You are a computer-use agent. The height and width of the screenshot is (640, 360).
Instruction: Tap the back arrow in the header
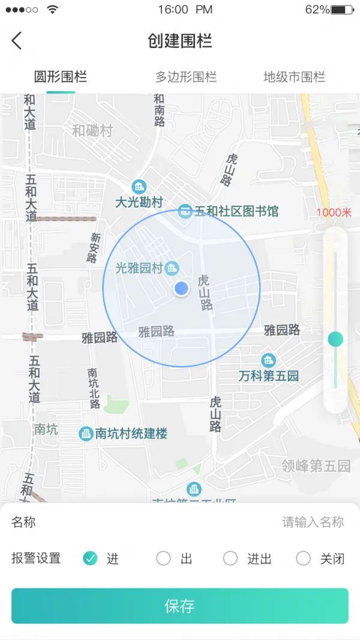[x=16, y=41]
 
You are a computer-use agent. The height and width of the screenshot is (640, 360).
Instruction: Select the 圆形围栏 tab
[x=61, y=77]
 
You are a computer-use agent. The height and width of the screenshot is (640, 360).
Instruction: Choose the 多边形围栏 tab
[x=186, y=77]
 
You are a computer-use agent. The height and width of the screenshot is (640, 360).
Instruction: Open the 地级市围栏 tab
[x=294, y=77]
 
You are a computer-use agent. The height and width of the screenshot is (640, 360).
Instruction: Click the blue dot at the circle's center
[x=181, y=289]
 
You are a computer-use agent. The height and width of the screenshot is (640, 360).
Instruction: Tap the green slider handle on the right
[x=335, y=339]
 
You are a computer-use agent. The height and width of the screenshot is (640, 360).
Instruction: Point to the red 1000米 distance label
[x=334, y=212]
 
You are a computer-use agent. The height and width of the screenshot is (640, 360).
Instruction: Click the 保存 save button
[x=180, y=606]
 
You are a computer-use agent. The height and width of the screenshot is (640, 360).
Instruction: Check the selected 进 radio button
[x=90, y=558]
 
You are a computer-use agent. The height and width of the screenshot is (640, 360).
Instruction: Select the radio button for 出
[x=163, y=558]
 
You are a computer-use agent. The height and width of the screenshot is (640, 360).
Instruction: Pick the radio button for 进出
[x=230, y=558]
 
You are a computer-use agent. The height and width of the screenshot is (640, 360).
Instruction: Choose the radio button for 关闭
[x=304, y=558]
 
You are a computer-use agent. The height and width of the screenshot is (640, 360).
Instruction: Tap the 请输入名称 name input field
[x=313, y=522]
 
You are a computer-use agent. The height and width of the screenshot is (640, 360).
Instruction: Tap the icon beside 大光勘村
[x=139, y=187]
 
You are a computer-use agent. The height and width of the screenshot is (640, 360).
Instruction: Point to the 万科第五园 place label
[x=268, y=376]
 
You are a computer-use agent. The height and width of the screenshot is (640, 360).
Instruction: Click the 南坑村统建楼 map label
[x=131, y=434]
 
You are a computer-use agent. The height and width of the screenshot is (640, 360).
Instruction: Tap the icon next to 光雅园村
[x=172, y=268]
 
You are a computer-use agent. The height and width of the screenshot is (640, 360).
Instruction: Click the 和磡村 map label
[x=92, y=131]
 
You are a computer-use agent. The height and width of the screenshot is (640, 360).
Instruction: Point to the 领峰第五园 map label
[x=316, y=465]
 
